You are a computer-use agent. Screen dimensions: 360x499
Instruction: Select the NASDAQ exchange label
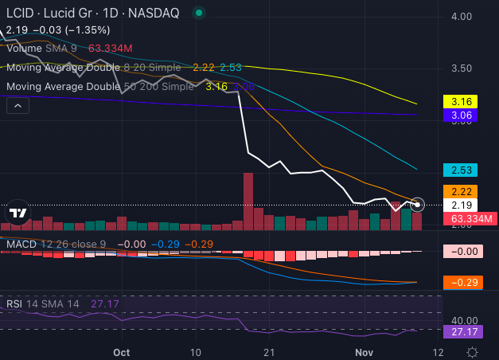(152, 13)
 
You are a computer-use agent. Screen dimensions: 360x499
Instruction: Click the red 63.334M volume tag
(469, 218)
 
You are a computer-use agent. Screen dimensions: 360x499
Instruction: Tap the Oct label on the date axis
(121, 351)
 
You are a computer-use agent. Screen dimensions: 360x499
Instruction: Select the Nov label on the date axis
(364, 351)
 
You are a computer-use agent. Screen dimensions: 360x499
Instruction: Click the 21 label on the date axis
(271, 351)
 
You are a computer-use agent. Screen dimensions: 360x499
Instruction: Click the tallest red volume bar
(248, 202)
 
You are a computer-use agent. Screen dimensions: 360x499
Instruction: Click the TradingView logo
(18, 213)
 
